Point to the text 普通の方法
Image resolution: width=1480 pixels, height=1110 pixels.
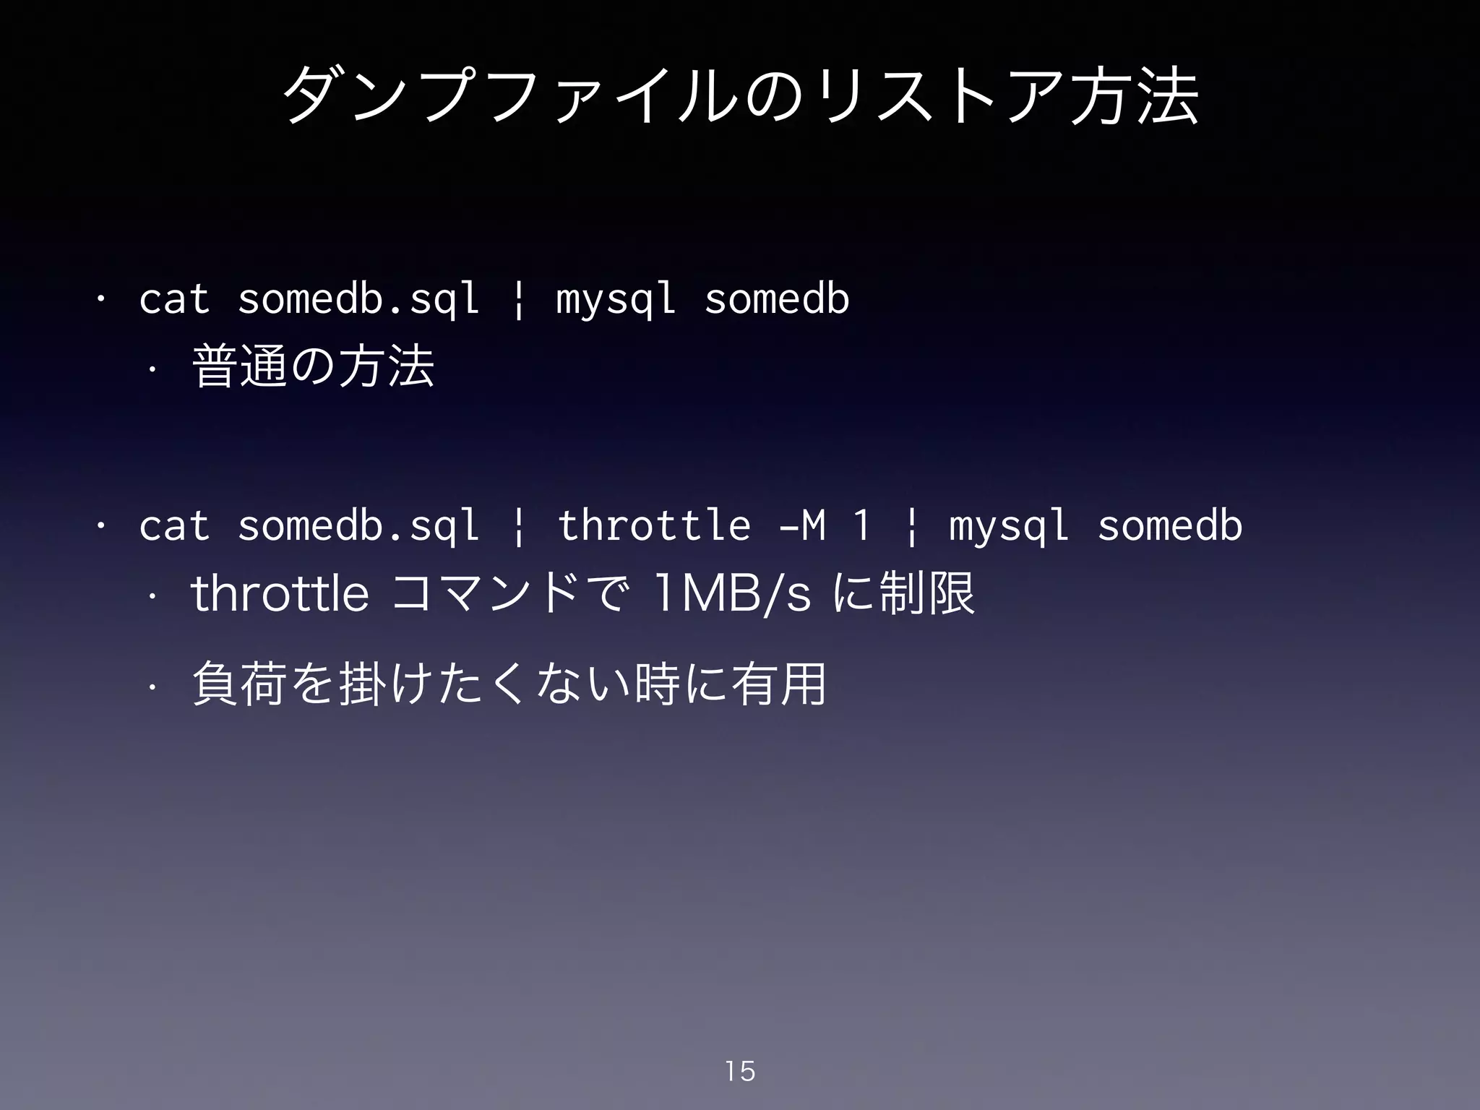(313, 366)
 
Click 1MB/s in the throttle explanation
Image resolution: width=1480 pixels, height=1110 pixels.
(732, 593)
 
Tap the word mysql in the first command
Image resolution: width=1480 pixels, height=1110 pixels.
(616, 299)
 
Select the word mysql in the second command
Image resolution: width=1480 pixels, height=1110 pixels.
(1009, 526)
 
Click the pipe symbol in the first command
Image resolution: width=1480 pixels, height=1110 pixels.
(517, 301)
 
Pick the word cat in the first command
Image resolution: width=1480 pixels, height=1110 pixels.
(174, 299)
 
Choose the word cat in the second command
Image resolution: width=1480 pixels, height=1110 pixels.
(174, 525)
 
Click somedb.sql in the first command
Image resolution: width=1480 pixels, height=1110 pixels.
(358, 299)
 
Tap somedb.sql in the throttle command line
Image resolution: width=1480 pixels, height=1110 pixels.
(358, 525)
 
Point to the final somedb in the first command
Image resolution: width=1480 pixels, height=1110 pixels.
(777, 298)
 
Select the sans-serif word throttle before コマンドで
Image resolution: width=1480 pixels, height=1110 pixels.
(280, 593)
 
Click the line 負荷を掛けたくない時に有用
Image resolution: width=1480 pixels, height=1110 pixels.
(509, 684)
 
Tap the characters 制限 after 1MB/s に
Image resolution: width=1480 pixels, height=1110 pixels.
(926, 593)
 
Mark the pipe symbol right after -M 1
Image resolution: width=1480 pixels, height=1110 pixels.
(911, 527)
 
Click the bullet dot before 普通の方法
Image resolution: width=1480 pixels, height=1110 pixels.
(152, 369)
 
